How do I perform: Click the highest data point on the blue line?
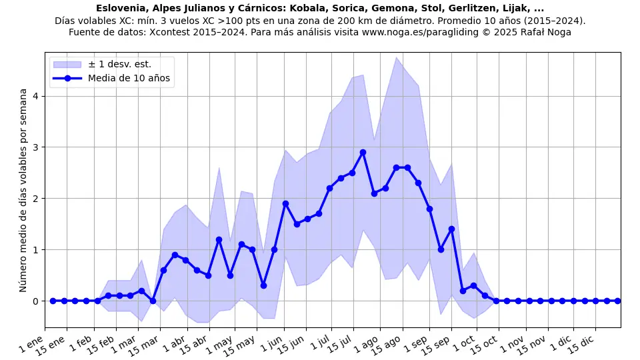coord(363,152)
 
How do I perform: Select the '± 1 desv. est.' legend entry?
coord(119,64)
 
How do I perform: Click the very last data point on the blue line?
coord(617,301)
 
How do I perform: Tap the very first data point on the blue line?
coord(53,301)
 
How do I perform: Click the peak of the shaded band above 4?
coord(396,57)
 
